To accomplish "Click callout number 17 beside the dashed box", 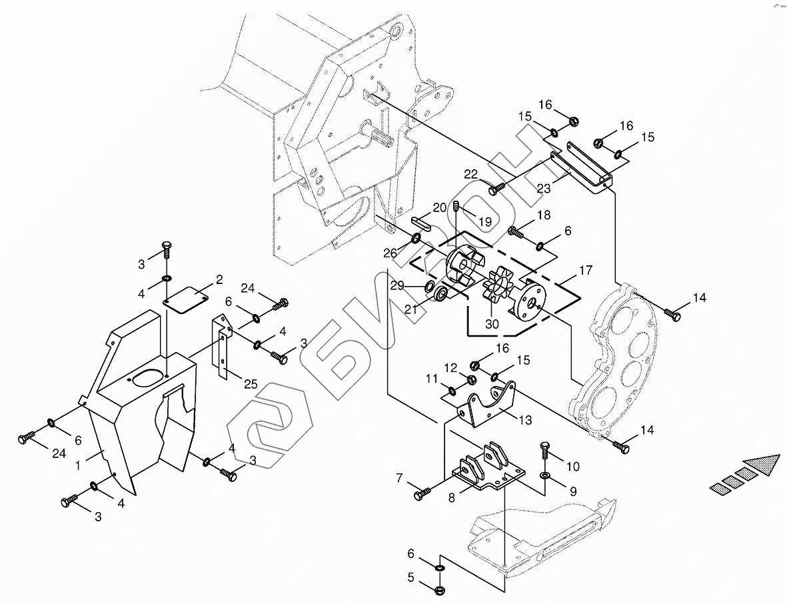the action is click(586, 270).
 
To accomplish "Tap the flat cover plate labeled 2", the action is click(185, 300).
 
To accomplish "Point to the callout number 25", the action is click(251, 384).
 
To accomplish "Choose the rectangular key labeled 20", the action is click(420, 223).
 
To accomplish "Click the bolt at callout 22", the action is click(498, 188).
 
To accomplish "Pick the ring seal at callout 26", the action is click(416, 237).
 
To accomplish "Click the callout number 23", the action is click(544, 188).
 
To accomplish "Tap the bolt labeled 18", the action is click(516, 232).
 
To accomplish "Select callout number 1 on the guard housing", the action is click(78, 465).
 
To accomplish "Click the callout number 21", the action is click(412, 309).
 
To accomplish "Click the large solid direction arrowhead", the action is click(763, 465).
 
